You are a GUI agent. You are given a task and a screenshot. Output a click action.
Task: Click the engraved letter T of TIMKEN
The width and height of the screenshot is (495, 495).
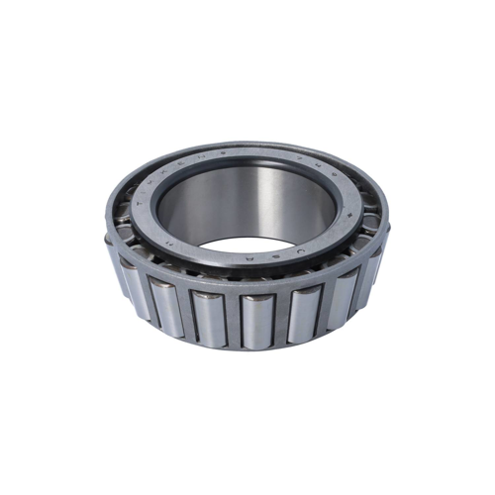(x=139, y=202)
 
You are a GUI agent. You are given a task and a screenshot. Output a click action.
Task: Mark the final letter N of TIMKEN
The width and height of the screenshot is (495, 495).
(x=200, y=157)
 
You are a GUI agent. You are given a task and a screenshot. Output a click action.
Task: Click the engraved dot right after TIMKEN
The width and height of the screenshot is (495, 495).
(x=223, y=152)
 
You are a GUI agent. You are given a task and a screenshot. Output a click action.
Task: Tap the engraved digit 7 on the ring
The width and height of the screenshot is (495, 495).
(x=300, y=158)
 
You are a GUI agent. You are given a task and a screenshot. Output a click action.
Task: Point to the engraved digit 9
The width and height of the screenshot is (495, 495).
(x=334, y=174)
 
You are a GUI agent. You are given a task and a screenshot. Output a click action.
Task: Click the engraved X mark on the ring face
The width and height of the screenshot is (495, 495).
(x=349, y=215)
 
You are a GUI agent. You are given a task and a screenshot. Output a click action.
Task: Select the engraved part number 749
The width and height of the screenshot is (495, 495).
(x=318, y=164)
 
